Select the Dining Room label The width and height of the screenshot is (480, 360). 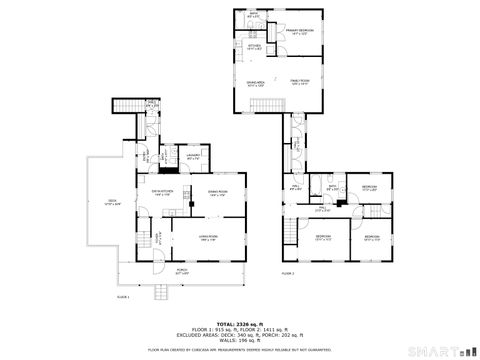pos(218,193)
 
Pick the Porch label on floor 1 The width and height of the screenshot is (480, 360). pos(182,270)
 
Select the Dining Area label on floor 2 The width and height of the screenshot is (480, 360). pos(255,84)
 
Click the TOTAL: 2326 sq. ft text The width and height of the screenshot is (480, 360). pos(239,322)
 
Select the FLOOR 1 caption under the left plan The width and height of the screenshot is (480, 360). pos(124,297)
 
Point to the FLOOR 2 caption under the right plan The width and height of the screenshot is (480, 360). pos(288,273)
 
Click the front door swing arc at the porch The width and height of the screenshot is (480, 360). pos(157,261)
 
